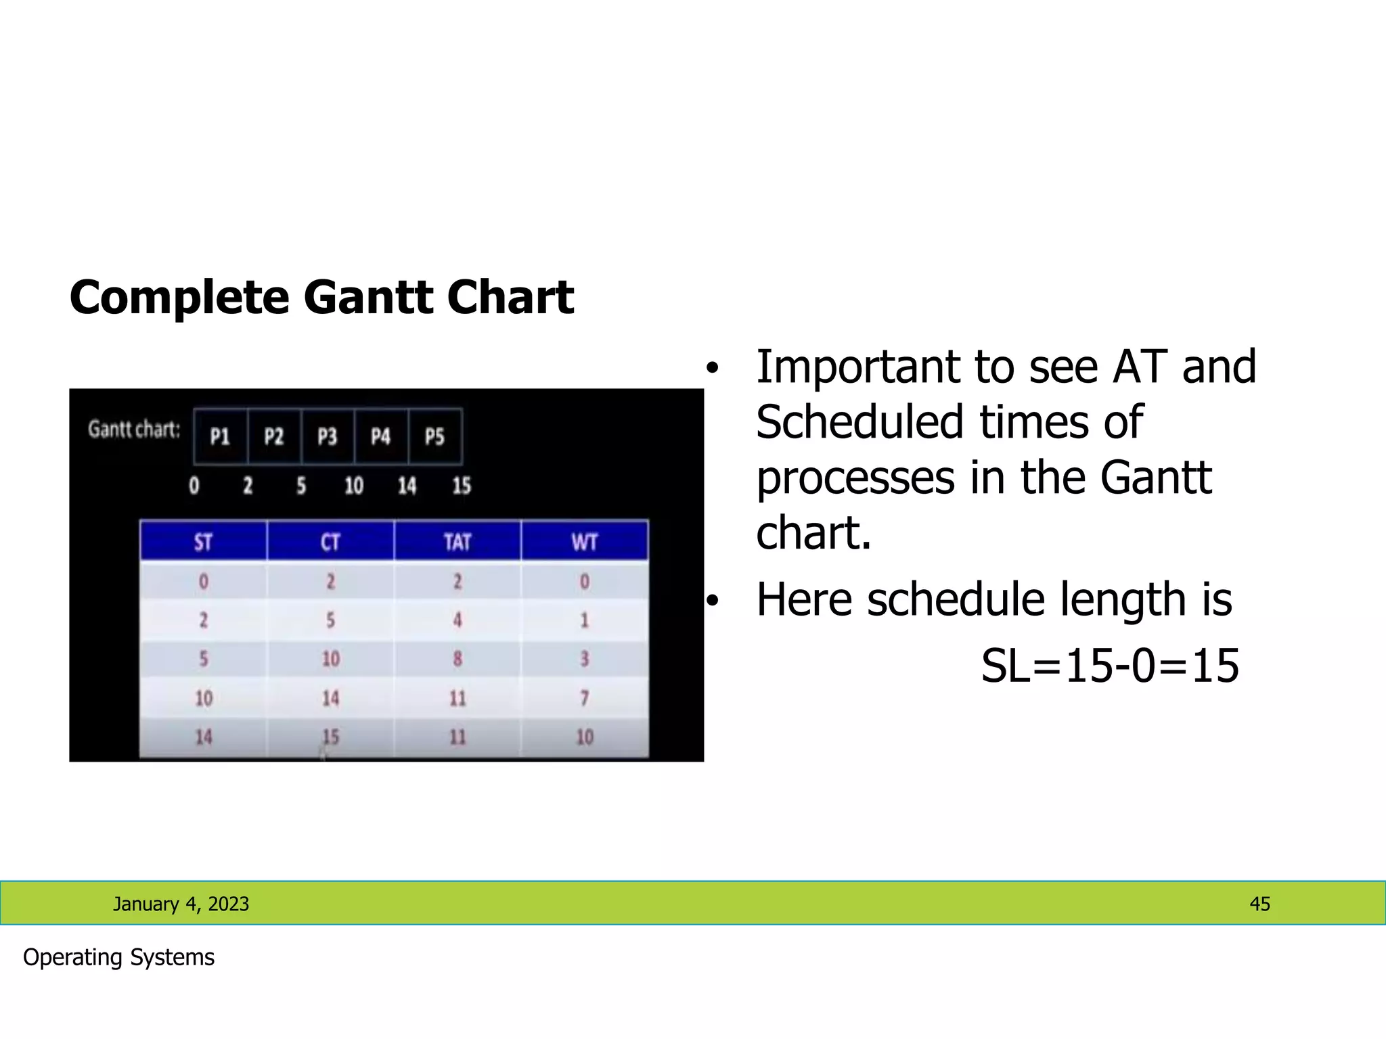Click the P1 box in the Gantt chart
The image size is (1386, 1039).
pos(220,436)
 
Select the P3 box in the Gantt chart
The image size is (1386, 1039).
pos(328,436)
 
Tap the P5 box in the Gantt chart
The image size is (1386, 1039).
pos(435,436)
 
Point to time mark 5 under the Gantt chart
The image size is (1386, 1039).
pos(301,486)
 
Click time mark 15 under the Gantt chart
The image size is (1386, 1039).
pos(462,486)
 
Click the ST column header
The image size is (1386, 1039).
pos(203,541)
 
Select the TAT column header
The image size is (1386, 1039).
pos(457,541)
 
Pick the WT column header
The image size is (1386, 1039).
pos(585,541)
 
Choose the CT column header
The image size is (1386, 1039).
pos(330,541)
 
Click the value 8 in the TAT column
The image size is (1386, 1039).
pos(457,659)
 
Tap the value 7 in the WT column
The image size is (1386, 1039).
pos(585,698)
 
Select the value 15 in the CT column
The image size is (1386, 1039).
pos(330,737)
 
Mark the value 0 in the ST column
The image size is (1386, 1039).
pos(203,581)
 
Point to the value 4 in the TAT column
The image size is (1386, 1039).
pos(457,620)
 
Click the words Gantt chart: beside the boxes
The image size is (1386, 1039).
pos(134,430)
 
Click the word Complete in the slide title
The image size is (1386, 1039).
pos(179,298)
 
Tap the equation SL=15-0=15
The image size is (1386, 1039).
pos(1110,666)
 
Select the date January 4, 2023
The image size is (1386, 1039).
pos(181,904)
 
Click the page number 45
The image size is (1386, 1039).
pos(1259,904)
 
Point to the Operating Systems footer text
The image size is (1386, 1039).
pos(118,957)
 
